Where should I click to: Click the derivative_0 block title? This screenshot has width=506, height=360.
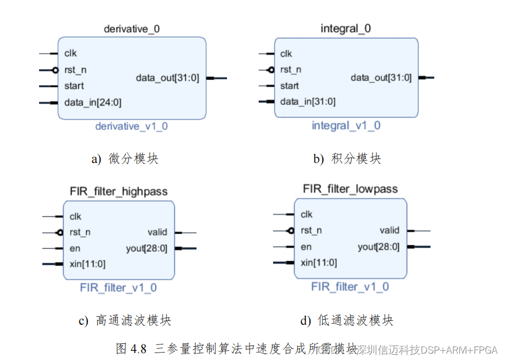(x=132, y=29)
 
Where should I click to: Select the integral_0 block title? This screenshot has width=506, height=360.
(x=345, y=28)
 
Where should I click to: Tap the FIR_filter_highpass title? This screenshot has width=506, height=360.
(x=118, y=191)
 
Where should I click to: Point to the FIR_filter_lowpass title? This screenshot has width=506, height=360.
(x=350, y=189)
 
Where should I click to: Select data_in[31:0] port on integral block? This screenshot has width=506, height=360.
(x=307, y=102)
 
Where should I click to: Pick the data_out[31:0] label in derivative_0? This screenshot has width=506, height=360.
(x=168, y=78)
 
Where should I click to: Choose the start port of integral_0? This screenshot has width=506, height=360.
(x=290, y=86)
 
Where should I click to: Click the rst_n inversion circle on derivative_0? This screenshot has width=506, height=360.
(x=55, y=70)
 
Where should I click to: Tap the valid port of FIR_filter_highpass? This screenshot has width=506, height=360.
(x=157, y=232)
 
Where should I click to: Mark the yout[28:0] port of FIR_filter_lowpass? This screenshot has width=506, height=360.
(x=379, y=247)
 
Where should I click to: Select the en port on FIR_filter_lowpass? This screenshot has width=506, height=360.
(x=306, y=247)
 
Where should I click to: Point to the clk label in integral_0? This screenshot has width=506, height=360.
(x=286, y=54)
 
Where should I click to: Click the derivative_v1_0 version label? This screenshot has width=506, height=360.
(x=131, y=126)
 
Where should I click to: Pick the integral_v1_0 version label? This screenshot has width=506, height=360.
(x=346, y=126)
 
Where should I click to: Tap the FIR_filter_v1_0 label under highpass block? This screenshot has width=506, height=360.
(x=118, y=288)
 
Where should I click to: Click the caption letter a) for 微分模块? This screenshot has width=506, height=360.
(x=96, y=159)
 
